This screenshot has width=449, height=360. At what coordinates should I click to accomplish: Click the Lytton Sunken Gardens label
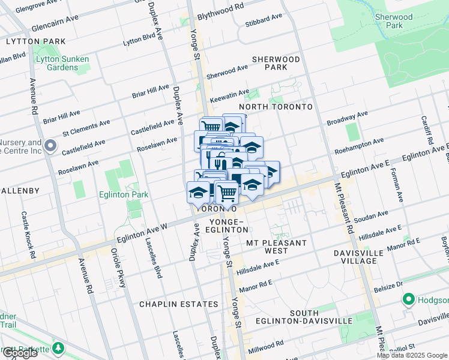click(x=62, y=63)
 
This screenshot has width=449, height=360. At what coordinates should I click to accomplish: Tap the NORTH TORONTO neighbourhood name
click(x=276, y=107)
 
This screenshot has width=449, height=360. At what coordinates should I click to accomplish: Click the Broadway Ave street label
click(x=347, y=118)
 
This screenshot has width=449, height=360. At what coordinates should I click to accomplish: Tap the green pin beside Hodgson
click(x=408, y=298)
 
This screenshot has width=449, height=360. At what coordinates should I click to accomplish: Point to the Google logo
click(x=20, y=353)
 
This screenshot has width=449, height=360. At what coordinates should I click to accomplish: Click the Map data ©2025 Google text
click(x=411, y=355)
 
